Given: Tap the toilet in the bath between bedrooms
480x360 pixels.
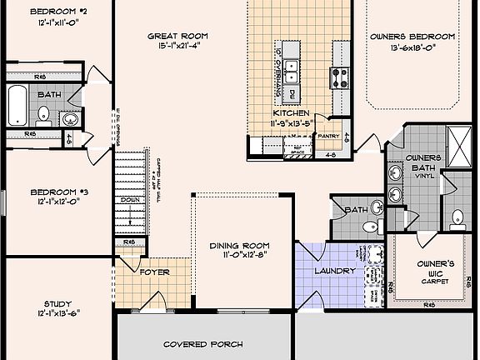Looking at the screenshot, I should pyautogui.click(x=43, y=114).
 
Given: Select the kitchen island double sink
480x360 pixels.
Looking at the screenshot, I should pyautogui.click(x=292, y=70).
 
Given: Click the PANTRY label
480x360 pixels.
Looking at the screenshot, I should pyautogui.click(x=328, y=135).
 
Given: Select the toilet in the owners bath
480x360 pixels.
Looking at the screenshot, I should pyautogui.click(x=457, y=220).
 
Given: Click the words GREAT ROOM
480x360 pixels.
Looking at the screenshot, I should pyautogui.click(x=177, y=36).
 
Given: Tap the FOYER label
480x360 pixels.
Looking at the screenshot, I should pyautogui.click(x=154, y=272).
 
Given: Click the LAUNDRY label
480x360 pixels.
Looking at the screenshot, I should pyautogui.click(x=336, y=271).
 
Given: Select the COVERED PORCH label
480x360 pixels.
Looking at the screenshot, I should pyautogui.click(x=202, y=343).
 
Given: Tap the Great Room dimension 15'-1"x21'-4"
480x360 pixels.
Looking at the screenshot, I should pyautogui.click(x=177, y=47).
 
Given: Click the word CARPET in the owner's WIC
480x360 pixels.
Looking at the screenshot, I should pyautogui.click(x=434, y=282).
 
